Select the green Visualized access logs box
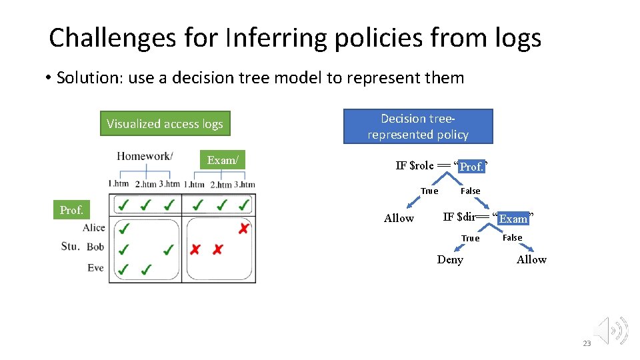[x=165, y=123]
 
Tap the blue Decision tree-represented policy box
[x=418, y=127]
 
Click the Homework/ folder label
[x=145, y=156]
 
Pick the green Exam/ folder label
[x=223, y=160]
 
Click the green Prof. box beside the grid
[x=71, y=210]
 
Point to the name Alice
[x=94, y=228]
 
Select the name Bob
[x=95, y=247]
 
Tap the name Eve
[x=96, y=267]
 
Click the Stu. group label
[x=70, y=246]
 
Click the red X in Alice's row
[x=244, y=229]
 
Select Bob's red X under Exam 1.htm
[x=195, y=250]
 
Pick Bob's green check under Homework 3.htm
[x=169, y=249]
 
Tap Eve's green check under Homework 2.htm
[x=146, y=269]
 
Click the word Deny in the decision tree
[x=450, y=259]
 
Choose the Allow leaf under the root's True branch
[x=399, y=218]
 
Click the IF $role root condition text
[x=415, y=165]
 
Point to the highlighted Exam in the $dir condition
[x=513, y=218]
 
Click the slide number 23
[x=587, y=343]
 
